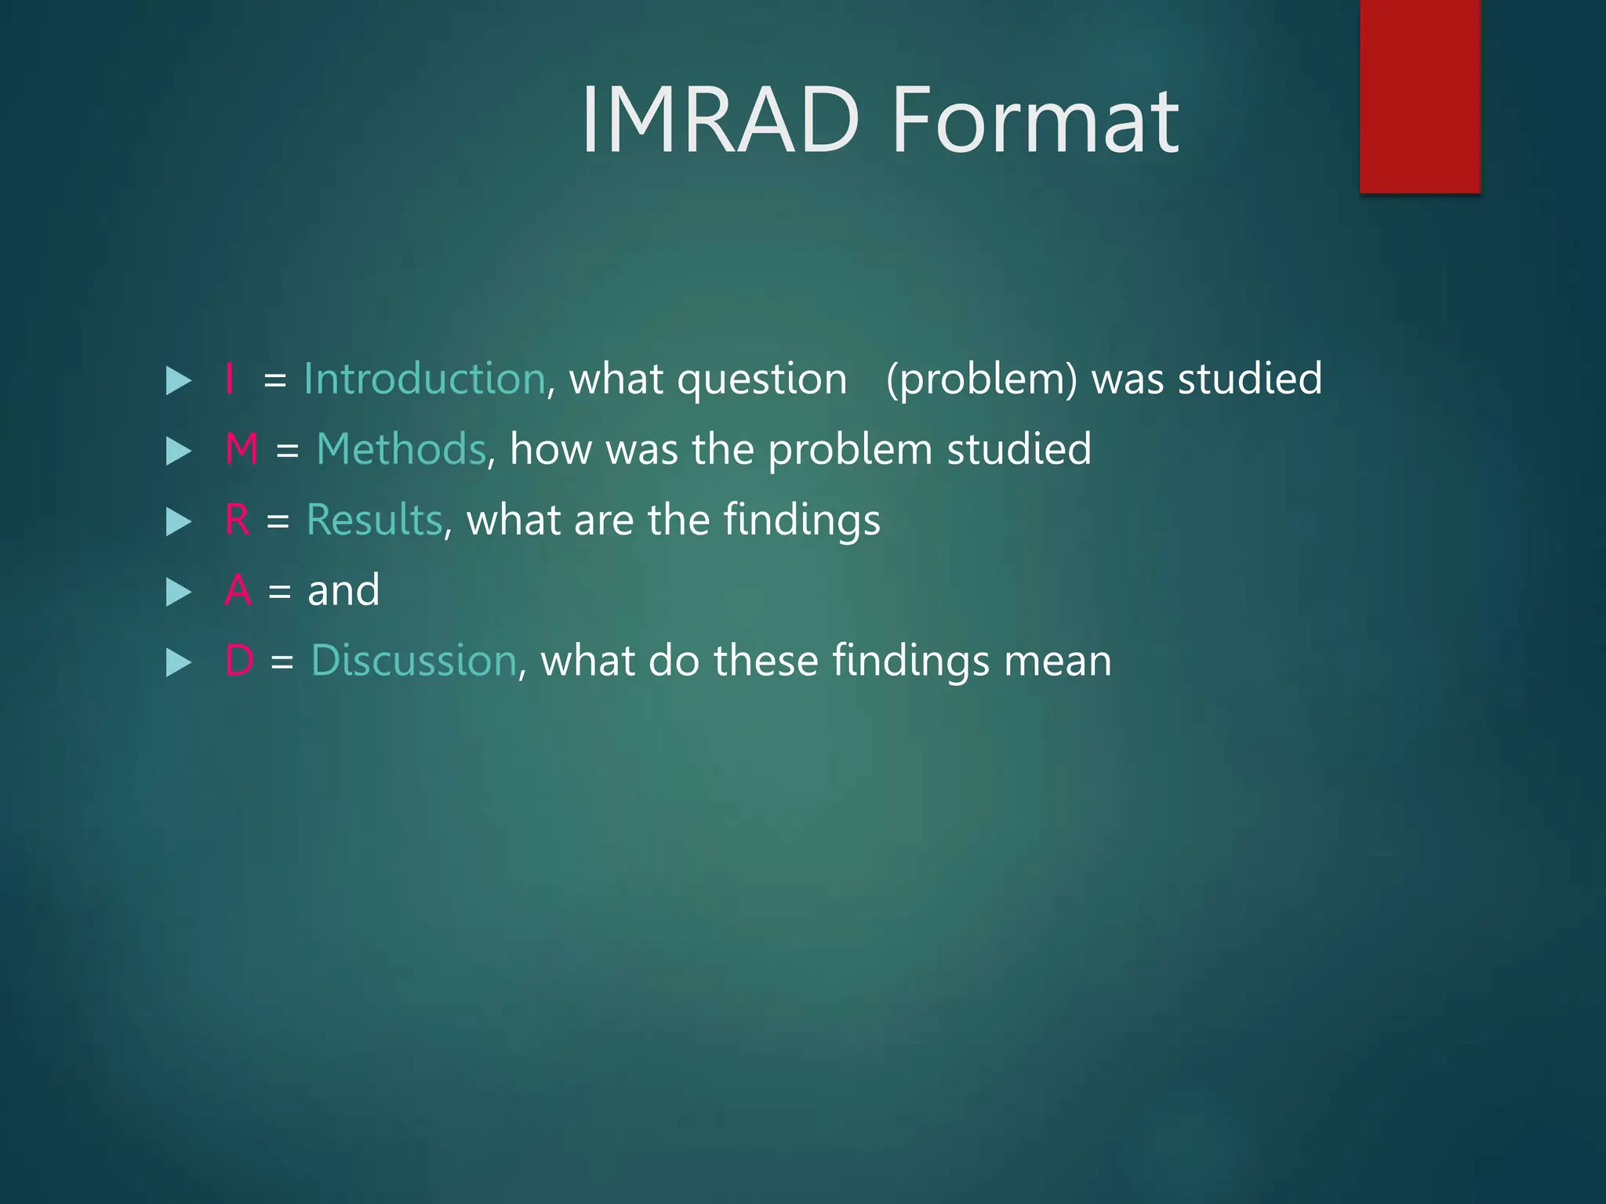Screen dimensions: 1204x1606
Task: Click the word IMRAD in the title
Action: tap(720, 121)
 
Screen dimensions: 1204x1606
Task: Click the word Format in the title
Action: tap(1035, 121)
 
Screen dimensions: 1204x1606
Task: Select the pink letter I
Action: tap(230, 379)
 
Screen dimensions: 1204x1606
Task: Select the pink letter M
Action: tap(242, 450)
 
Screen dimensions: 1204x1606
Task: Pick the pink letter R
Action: tap(238, 520)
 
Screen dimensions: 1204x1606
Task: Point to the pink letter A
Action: tap(238, 591)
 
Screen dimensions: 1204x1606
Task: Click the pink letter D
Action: tap(239, 661)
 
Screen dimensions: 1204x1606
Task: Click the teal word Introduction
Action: tap(424, 379)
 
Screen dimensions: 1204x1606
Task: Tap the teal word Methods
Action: tap(401, 450)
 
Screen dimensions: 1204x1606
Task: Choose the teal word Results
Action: tap(375, 520)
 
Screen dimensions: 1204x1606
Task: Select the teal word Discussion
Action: tap(413, 661)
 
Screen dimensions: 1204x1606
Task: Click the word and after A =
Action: tap(343, 591)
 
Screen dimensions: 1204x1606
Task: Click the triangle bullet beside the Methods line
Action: tap(179, 451)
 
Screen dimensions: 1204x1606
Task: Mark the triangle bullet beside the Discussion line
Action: tap(179, 663)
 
